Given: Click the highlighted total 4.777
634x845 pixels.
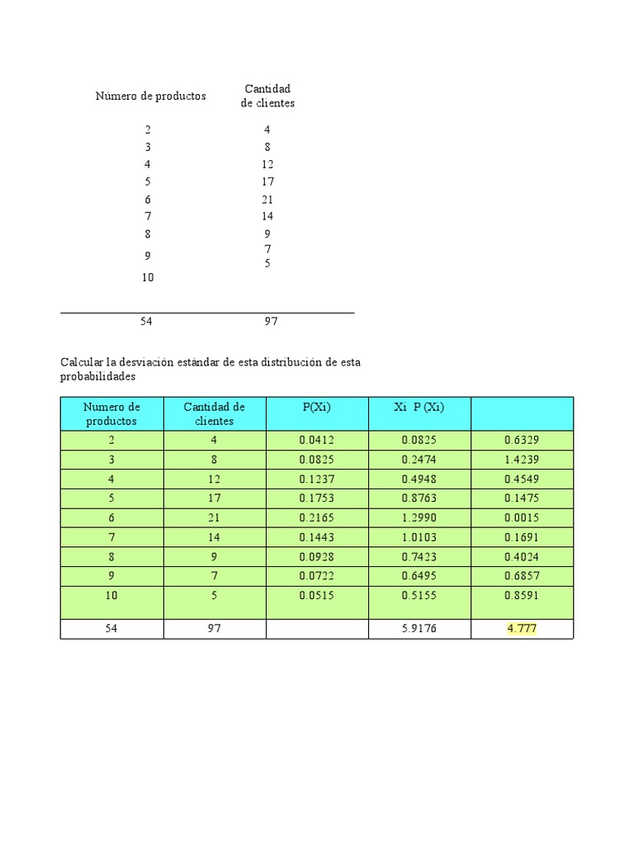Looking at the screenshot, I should coord(522,629).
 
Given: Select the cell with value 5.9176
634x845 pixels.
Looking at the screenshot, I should coord(419,629).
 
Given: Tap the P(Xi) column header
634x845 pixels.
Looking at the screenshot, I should coord(316,407).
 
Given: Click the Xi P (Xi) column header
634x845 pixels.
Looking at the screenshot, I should coord(419,407).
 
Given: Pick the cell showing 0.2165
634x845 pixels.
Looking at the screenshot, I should coord(316,518).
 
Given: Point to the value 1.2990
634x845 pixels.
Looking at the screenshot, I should coord(419,518).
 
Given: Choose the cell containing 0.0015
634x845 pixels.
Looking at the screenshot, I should coord(522,518).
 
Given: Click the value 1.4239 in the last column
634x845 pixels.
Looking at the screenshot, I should coord(522,460).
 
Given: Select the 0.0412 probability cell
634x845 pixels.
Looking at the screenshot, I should coord(316,441).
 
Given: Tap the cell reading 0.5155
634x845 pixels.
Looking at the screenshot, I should coord(419,595).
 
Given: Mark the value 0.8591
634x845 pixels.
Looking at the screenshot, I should coord(522,595).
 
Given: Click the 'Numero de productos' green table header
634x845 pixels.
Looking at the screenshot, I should coord(111,413).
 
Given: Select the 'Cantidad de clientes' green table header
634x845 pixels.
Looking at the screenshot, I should coord(215,413).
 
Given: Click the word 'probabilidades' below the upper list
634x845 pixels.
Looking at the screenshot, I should coord(97,376).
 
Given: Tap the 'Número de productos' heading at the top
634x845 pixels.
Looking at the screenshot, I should coord(150,97).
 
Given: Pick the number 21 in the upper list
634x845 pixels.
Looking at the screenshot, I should coord(267,200).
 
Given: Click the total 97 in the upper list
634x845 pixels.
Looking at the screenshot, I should coord(271,322).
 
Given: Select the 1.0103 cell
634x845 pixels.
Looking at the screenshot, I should coord(419,538).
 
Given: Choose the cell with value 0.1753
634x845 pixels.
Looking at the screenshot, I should coord(316,498).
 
